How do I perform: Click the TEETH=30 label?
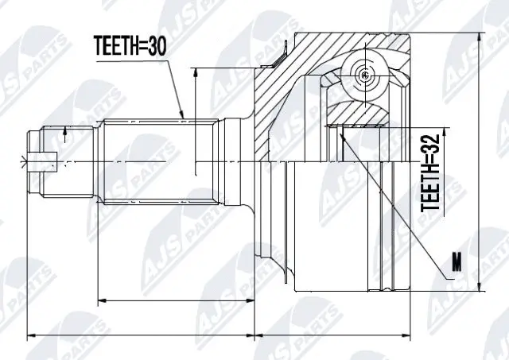[130, 47]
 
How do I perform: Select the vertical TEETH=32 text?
[430, 172]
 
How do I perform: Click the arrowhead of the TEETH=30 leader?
[183, 118]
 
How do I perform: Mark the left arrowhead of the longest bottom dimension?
[30, 335]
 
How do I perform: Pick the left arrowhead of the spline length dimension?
[100, 301]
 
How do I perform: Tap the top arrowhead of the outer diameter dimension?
[480, 37]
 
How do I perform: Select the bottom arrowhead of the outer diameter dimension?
[480, 288]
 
